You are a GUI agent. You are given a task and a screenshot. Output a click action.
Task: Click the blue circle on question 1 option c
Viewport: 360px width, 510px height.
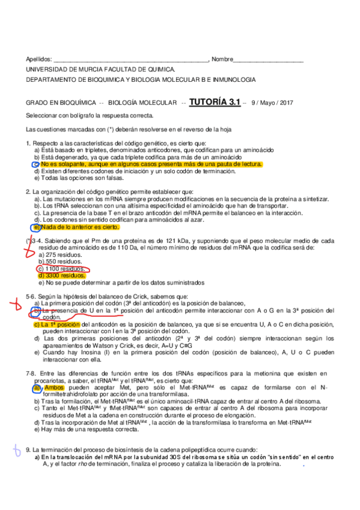point(36,164)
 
